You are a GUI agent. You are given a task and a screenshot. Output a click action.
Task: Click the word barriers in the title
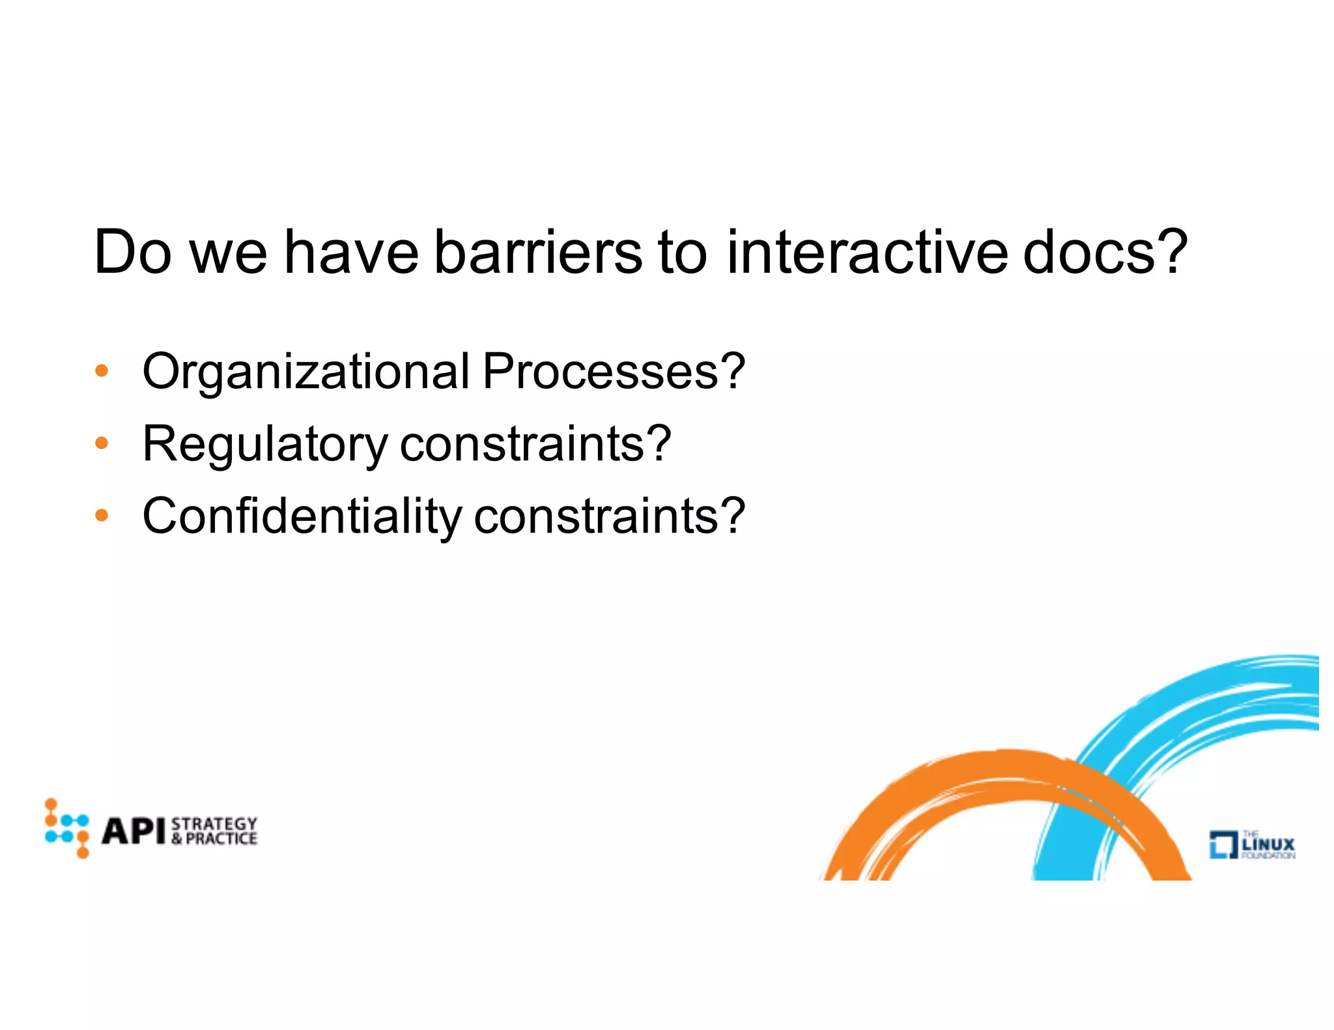click(538, 253)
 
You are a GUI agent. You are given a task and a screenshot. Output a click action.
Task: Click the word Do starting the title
click(133, 253)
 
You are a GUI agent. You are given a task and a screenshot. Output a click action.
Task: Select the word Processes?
click(614, 371)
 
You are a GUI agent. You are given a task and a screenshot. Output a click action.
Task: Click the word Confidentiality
click(302, 516)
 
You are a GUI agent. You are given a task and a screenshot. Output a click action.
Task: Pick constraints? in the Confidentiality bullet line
click(610, 516)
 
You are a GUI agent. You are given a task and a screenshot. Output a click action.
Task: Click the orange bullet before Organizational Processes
click(101, 371)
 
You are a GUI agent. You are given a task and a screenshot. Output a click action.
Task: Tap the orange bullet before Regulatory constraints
click(101, 443)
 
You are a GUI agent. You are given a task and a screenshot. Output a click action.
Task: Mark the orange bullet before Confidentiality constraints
click(101, 516)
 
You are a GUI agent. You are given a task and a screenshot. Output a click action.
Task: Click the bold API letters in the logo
click(134, 831)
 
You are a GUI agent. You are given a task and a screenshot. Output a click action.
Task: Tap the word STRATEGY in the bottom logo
click(214, 824)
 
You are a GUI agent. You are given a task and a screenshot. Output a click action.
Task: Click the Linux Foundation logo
click(1251, 844)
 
